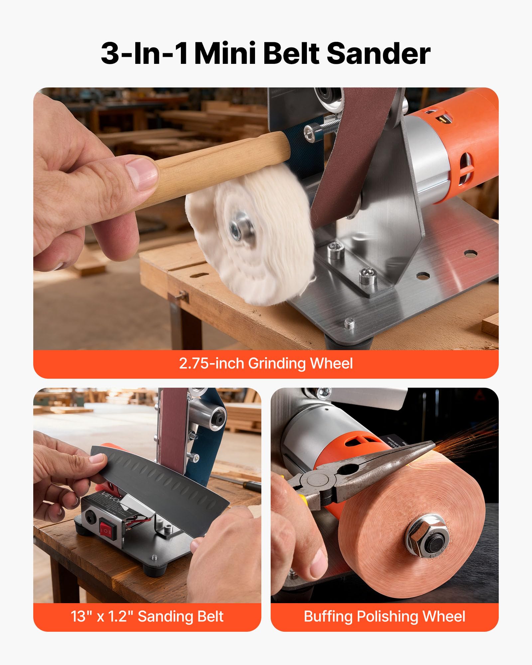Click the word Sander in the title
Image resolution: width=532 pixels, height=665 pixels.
379,54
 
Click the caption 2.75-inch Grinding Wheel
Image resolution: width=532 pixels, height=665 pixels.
266,363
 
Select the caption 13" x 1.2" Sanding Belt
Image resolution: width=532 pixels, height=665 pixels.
147,616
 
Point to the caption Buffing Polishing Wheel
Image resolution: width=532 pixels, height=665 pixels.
384,616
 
